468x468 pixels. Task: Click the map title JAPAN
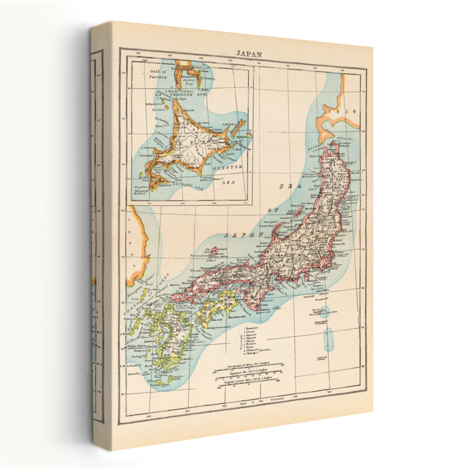pyautogui.click(x=249, y=54)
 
